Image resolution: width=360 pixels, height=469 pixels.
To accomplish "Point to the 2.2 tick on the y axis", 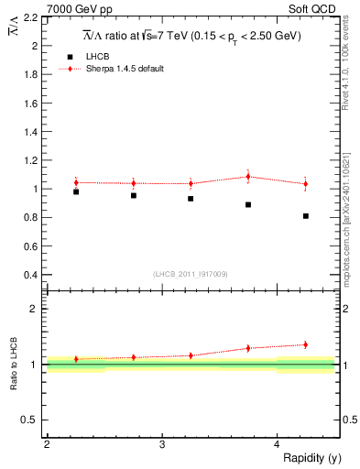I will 29,16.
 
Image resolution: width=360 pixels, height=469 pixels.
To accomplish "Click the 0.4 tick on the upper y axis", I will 29,275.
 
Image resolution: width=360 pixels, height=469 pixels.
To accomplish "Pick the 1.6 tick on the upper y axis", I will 29,103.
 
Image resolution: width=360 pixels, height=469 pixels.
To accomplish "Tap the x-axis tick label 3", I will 162,444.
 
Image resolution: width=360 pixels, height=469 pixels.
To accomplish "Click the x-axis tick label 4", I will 278,444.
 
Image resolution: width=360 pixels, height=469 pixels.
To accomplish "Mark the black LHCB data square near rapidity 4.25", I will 306,216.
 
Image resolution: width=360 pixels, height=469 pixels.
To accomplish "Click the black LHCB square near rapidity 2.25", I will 76,191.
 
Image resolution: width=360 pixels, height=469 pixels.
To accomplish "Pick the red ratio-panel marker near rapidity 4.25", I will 306,344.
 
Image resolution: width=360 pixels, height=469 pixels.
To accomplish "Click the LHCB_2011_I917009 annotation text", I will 191,274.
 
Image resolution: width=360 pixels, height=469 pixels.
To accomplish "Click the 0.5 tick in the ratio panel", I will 29,420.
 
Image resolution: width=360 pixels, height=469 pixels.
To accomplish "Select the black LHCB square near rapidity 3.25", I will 191,199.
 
